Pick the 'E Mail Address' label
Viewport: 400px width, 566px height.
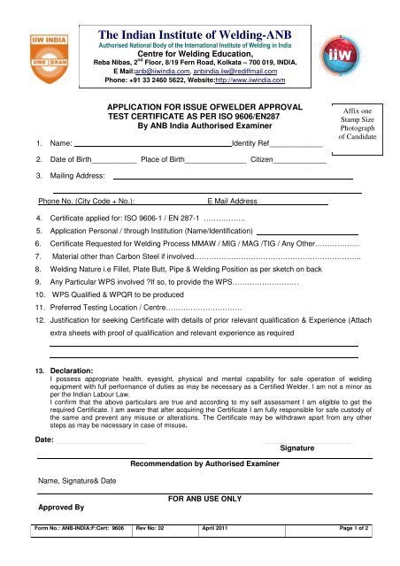pos(230,202)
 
